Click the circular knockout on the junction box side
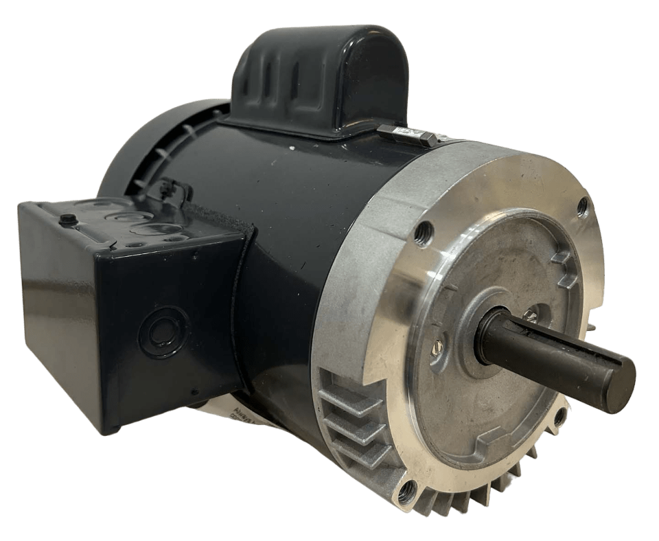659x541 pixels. [x=163, y=332]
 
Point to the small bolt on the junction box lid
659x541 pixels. [x=67, y=220]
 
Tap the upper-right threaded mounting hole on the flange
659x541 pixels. [x=583, y=205]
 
